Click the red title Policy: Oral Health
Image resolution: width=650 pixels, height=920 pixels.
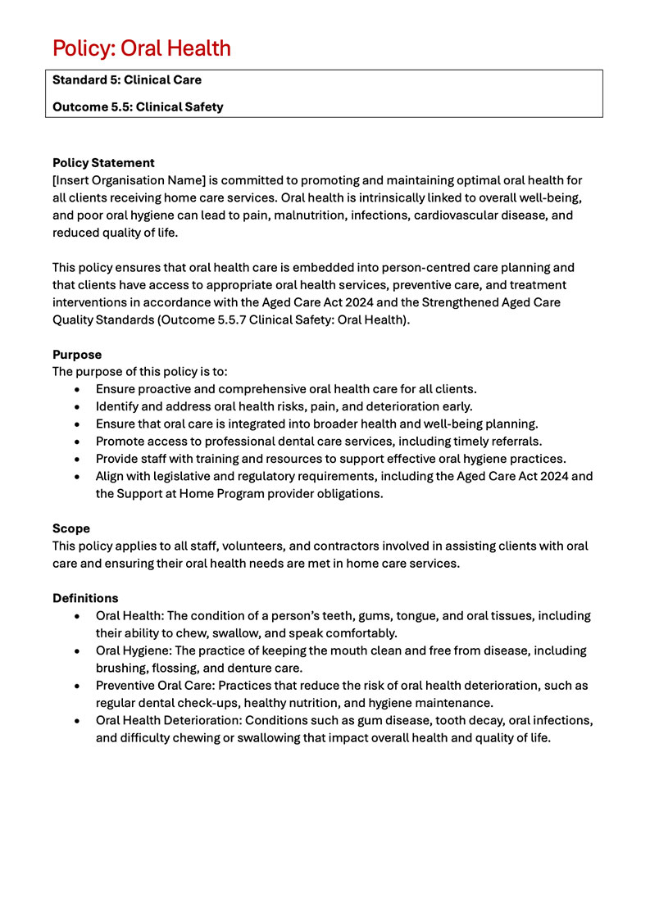141,48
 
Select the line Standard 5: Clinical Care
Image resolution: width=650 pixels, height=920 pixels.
126,80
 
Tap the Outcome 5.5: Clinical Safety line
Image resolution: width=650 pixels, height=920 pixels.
138,107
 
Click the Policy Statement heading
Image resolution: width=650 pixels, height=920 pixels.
103,163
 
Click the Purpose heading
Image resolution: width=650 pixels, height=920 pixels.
77,355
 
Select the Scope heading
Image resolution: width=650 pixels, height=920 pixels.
71,528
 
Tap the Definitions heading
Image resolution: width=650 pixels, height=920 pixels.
85,598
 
